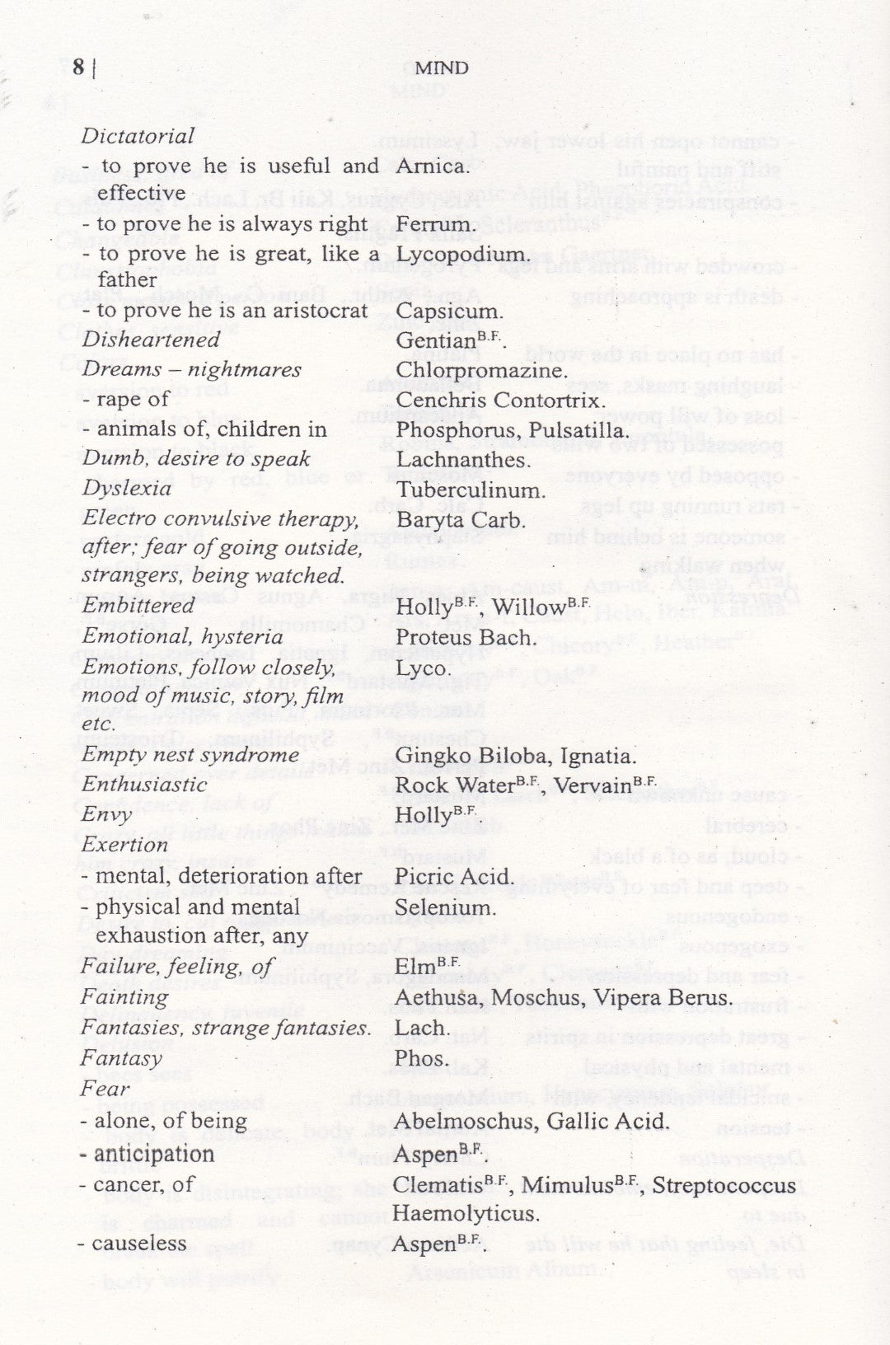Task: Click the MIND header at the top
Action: pos(442,68)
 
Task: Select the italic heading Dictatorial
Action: pos(138,136)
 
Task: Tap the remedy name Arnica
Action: pos(432,166)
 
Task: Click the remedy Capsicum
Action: pos(449,312)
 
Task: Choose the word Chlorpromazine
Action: pos(481,370)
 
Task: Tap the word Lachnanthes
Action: pos(462,459)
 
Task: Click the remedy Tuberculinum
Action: pos(471,490)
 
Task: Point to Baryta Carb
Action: pos(460,521)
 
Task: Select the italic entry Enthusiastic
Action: pos(144,785)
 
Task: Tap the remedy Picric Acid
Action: pos(454,877)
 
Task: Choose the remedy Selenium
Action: pos(446,907)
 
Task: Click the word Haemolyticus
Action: pos(466,1213)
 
